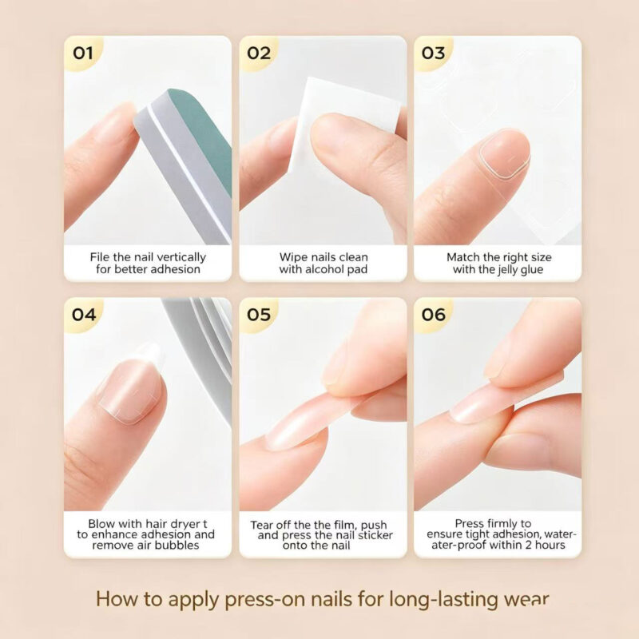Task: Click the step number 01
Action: [83, 53]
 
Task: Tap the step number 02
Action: [259, 53]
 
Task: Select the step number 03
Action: [433, 53]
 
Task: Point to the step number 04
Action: [84, 315]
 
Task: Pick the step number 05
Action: [259, 315]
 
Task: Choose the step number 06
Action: [433, 315]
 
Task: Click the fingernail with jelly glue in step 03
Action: [505, 153]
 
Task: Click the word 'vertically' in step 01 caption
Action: [181, 257]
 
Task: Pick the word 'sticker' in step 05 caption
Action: [375, 535]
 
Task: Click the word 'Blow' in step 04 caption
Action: [101, 524]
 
